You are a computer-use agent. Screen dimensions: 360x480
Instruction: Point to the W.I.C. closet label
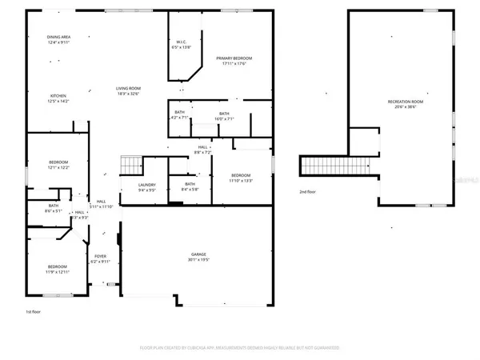point(183,45)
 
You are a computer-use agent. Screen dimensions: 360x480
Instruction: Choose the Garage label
point(198,257)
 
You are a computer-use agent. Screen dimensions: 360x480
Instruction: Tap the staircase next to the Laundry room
point(130,166)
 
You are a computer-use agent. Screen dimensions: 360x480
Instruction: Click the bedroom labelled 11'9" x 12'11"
point(57,269)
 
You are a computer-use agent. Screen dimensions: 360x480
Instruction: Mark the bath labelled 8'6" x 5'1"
point(53,209)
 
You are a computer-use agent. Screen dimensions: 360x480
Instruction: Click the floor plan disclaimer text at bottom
point(240,349)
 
